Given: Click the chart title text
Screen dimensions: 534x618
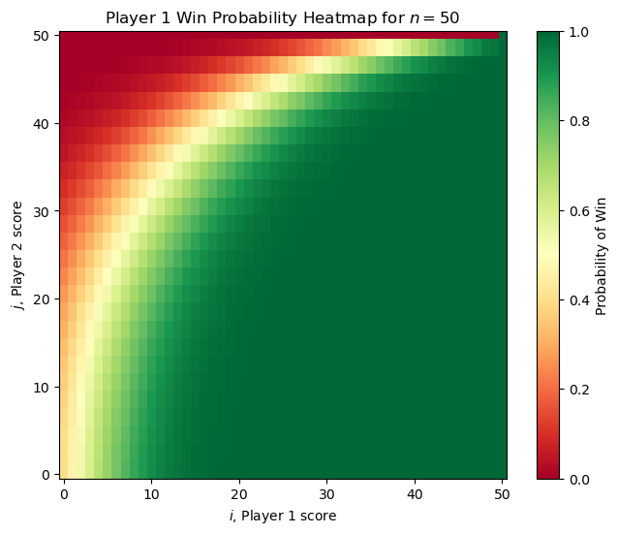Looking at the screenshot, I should (283, 16).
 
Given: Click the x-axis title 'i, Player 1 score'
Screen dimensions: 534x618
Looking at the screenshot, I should (283, 516).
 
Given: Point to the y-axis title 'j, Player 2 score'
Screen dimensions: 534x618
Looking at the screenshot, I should (15, 255).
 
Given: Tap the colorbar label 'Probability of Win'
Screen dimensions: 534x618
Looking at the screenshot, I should (602, 255).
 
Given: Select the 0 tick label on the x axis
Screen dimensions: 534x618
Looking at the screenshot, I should (64, 493).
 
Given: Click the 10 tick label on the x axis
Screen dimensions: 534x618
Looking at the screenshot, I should (151, 493).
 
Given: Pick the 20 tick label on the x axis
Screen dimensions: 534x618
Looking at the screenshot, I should (239, 493).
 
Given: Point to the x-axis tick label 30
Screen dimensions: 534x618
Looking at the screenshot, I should (327, 493).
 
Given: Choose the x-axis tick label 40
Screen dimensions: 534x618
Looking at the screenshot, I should (416, 493).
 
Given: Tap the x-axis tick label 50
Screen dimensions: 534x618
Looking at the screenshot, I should (503, 493).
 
